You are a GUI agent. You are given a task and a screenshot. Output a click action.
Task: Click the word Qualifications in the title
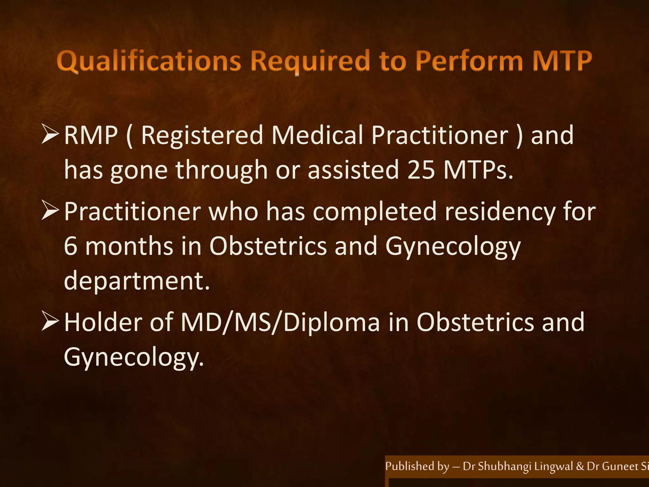(x=149, y=62)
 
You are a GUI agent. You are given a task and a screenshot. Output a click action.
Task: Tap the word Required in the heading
(x=310, y=62)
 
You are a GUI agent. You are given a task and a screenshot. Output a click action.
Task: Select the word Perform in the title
(x=469, y=61)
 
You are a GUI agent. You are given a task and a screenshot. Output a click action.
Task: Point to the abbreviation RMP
(x=91, y=136)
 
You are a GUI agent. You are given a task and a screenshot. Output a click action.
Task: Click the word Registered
(x=202, y=136)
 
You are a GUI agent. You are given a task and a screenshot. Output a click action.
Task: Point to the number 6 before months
(x=70, y=247)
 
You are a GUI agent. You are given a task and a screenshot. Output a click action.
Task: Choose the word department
(x=137, y=281)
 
